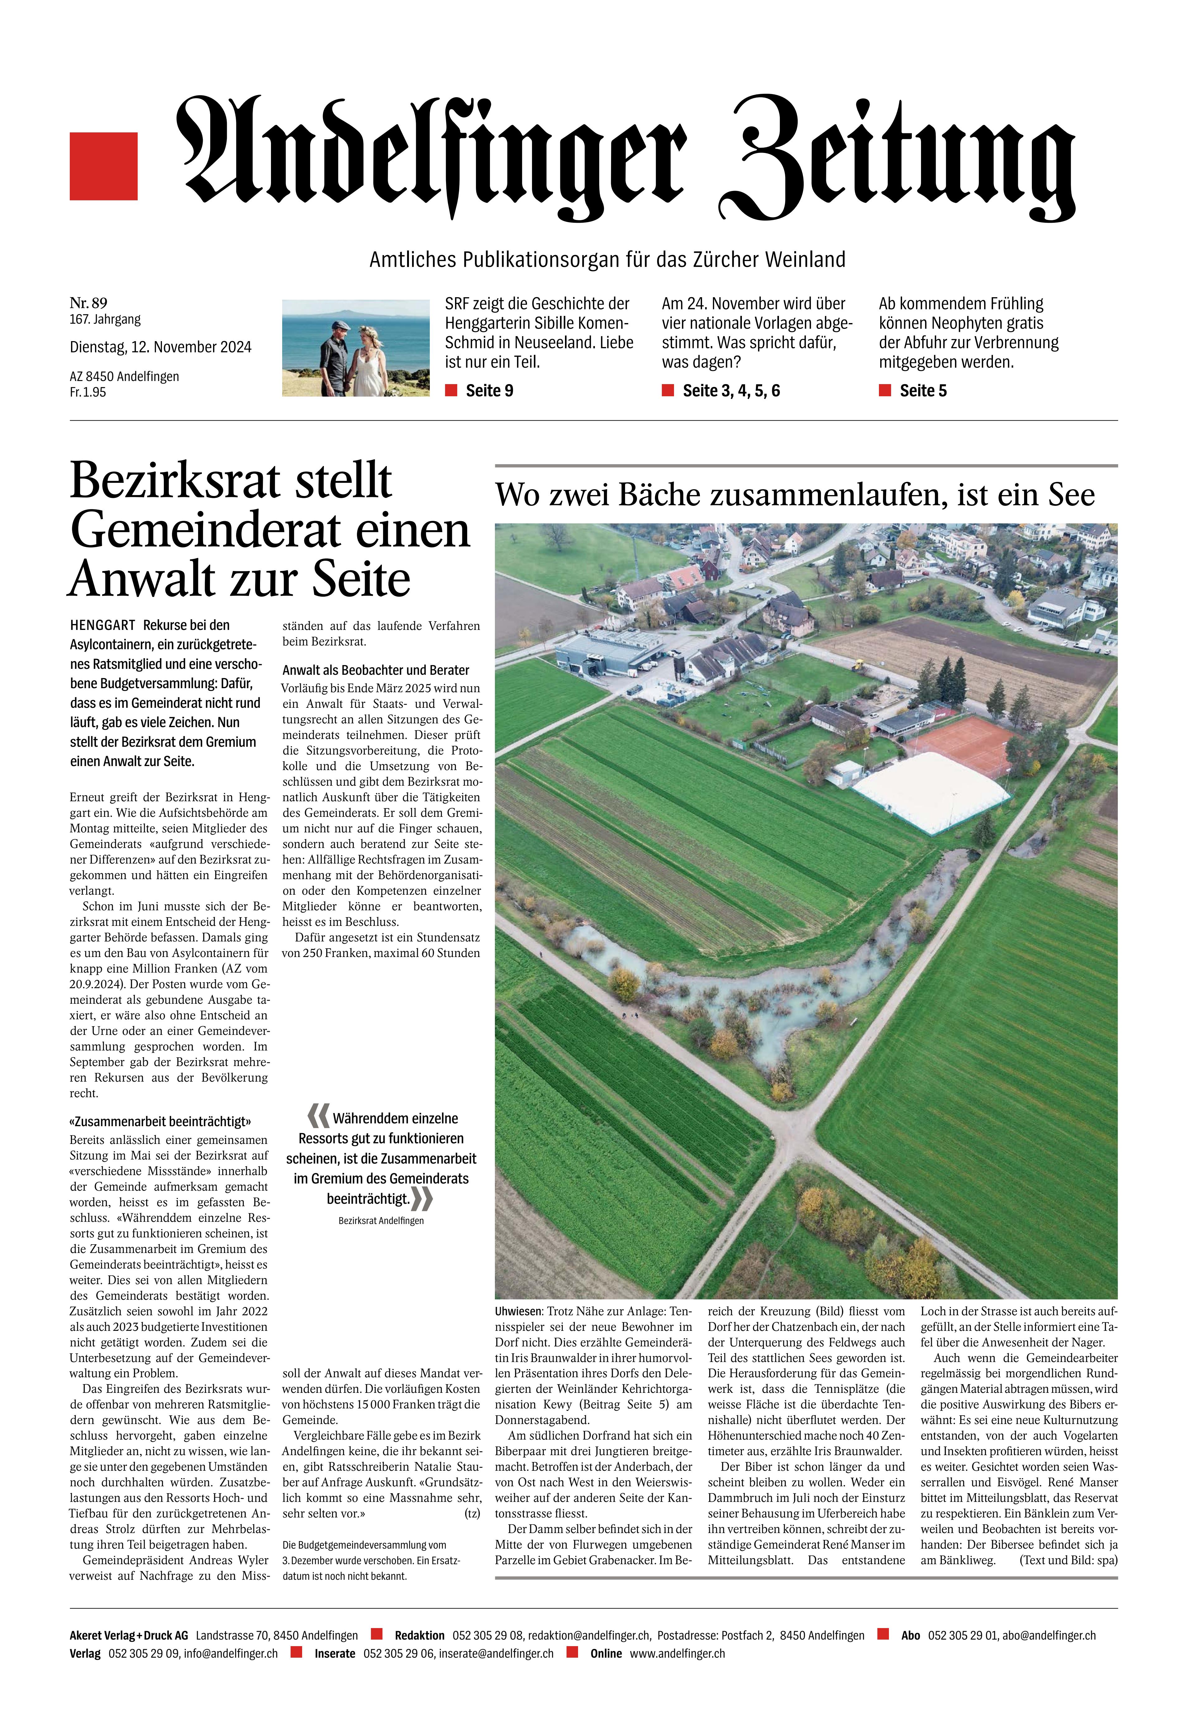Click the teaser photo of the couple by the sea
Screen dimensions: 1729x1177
tap(356, 347)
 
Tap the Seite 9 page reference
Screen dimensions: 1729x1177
tap(489, 391)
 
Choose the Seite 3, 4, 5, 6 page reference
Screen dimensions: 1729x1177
tap(731, 391)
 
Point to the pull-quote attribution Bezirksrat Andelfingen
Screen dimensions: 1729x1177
tap(381, 1221)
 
